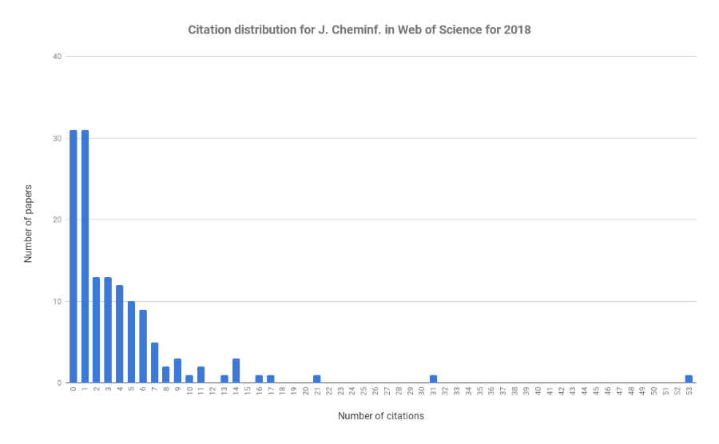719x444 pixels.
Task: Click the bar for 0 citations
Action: [73, 256]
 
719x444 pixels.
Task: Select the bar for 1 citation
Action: [85, 256]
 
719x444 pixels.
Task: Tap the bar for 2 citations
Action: [96, 330]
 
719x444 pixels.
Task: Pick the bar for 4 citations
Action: [119, 334]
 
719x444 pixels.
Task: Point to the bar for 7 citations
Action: [154, 363]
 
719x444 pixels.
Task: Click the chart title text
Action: [359, 30]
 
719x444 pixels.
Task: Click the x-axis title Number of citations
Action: [381, 416]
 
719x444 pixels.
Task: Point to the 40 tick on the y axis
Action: [56, 57]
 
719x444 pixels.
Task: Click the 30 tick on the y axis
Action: [56, 138]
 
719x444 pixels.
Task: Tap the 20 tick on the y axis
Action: [56, 220]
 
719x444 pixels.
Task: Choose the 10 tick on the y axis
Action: [56, 302]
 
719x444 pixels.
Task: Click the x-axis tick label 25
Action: [363, 391]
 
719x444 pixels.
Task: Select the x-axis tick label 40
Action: [538, 391]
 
